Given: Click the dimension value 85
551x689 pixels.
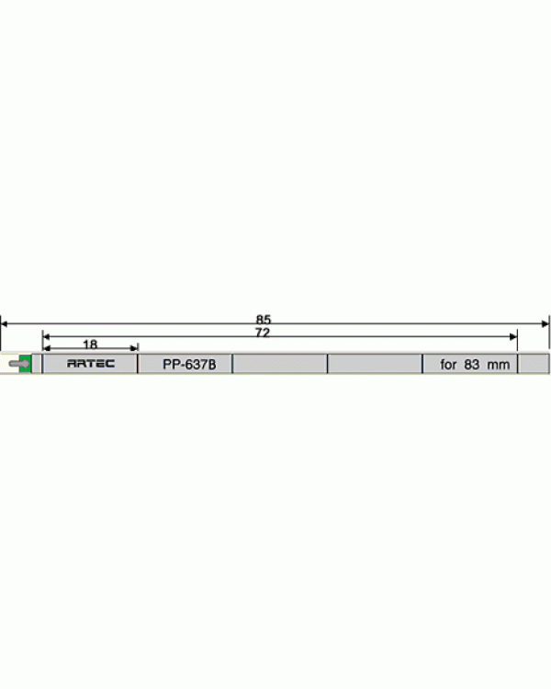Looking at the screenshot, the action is click(x=264, y=319).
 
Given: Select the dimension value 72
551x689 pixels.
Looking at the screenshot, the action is click(x=263, y=333).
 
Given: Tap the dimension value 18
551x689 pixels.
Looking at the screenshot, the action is click(x=90, y=344).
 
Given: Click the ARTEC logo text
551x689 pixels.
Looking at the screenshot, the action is click(x=91, y=364).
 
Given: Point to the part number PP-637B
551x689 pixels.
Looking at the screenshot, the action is click(x=189, y=365).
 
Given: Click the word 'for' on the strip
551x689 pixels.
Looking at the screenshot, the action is click(x=449, y=365).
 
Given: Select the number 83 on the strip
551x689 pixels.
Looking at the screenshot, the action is click(x=471, y=365).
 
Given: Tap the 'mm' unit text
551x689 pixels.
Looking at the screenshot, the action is click(x=499, y=365).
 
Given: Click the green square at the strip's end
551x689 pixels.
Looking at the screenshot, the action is click(x=26, y=364).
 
